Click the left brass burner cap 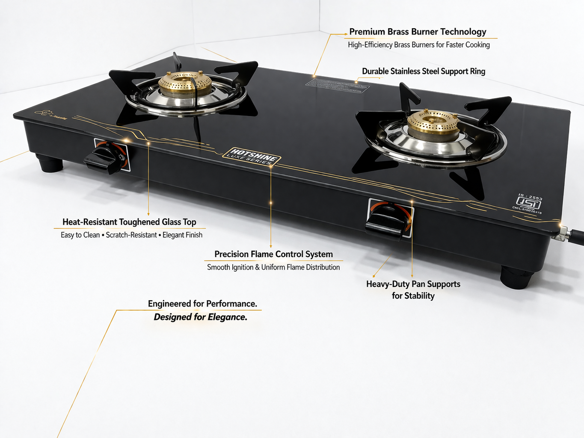(185, 82)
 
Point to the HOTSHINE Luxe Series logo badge (252, 157)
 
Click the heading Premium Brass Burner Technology (418, 32)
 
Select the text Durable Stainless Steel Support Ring (424, 71)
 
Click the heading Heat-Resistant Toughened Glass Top (129, 222)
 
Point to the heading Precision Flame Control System (273, 254)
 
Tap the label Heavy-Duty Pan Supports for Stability (413, 290)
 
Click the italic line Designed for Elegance (201, 317)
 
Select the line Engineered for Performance (202, 304)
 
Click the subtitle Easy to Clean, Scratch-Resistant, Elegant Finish (131, 235)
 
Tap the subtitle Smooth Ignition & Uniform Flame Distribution (273, 267)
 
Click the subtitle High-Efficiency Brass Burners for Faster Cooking (418, 45)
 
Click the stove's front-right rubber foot (516, 278)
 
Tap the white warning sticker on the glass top (337, 85)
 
